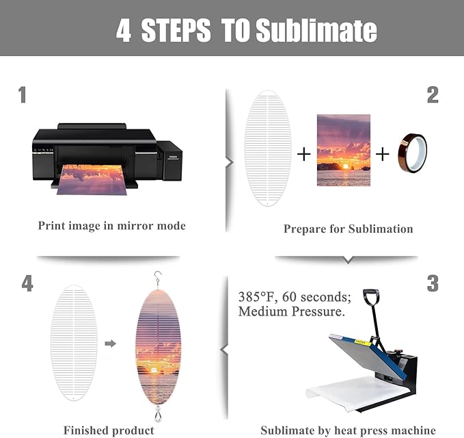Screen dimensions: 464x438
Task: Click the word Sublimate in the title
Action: click(316, 30)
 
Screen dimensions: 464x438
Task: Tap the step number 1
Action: click(22, 95)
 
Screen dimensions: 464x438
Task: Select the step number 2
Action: click(433, 95)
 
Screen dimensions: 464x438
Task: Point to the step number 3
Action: click(433, 283)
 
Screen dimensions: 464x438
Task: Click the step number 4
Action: click(27, 283)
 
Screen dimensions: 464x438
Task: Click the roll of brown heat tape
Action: click(413, 153)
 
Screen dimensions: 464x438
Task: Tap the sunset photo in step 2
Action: click(344, 151)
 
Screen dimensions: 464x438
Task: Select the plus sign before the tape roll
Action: click(382, 154)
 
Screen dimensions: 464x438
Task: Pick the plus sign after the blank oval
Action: click(304, 154)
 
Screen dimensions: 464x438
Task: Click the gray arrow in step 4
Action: click(111, 344)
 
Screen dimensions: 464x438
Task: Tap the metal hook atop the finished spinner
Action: click(158, 278)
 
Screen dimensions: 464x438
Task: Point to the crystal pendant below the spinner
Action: click(158, 414)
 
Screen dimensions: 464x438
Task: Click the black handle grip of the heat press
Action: click(371, 297)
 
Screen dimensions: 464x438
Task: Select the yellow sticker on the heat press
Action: click(363, 342)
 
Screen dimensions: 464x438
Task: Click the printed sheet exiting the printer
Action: click(92, 179)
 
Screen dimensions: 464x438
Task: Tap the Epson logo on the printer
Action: click(173, 157)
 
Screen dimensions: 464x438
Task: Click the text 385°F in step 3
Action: click(258, 296)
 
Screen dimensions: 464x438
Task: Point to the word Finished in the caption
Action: click(85, 430)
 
